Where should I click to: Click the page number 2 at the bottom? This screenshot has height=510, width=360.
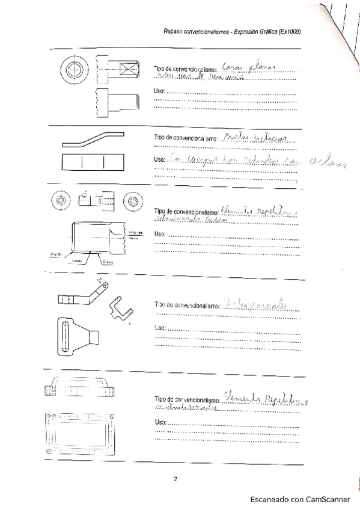click(175, 479)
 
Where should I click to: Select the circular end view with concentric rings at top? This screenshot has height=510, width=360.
click(74, 70)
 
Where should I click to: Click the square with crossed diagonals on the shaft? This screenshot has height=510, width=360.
click(127, 70)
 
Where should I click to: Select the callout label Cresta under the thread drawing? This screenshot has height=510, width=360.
click(108, 263)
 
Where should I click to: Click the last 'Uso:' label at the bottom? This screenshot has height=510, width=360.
click(159, 423)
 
